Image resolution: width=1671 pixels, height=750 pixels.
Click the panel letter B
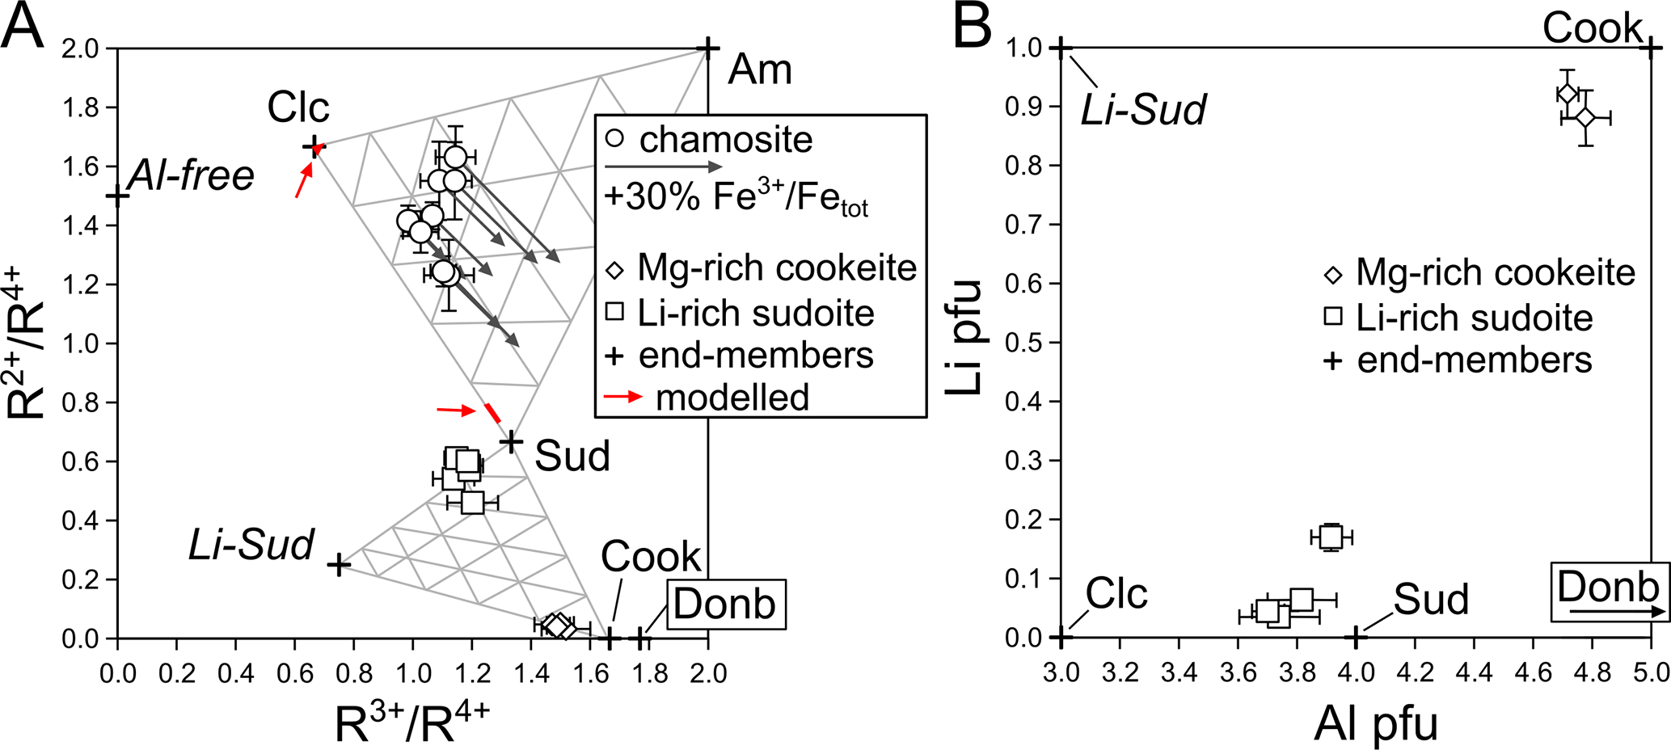973,27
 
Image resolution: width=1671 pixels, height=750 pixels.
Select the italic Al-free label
192,175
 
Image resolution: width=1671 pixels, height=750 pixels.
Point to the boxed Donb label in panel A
725,604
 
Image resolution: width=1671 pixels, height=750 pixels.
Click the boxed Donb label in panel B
1608,587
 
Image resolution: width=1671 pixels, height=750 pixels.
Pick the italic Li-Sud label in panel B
1143,109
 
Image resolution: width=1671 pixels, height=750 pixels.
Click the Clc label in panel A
298,107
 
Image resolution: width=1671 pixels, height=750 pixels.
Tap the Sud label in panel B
1430,600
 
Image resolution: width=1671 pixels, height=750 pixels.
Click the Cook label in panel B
1592,28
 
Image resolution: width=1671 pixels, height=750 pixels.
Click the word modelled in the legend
732,398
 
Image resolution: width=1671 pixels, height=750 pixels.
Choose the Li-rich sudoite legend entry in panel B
1474,318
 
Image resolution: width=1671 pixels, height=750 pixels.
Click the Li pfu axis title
964,337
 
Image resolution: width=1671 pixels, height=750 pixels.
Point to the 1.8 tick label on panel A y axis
83,107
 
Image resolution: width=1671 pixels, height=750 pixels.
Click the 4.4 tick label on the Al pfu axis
1474,673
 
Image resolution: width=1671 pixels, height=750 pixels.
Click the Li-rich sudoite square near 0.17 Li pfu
1331,537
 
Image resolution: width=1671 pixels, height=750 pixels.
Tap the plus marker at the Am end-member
708,48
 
